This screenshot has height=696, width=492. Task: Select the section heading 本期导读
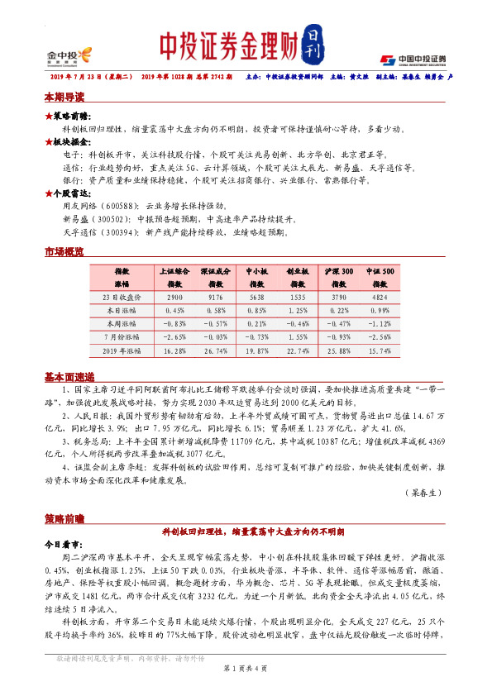(x=64, y=98)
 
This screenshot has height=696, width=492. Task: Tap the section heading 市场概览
(x=64, y=250)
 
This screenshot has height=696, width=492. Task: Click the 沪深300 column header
(x=337, y=271)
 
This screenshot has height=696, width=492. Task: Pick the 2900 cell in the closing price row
(x=174, y=295)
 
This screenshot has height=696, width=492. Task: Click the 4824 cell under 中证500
(x=380, y=295)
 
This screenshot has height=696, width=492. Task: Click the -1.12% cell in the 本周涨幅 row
(x=380, y=324)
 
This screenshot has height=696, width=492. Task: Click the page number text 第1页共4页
(x=246, y=679)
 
